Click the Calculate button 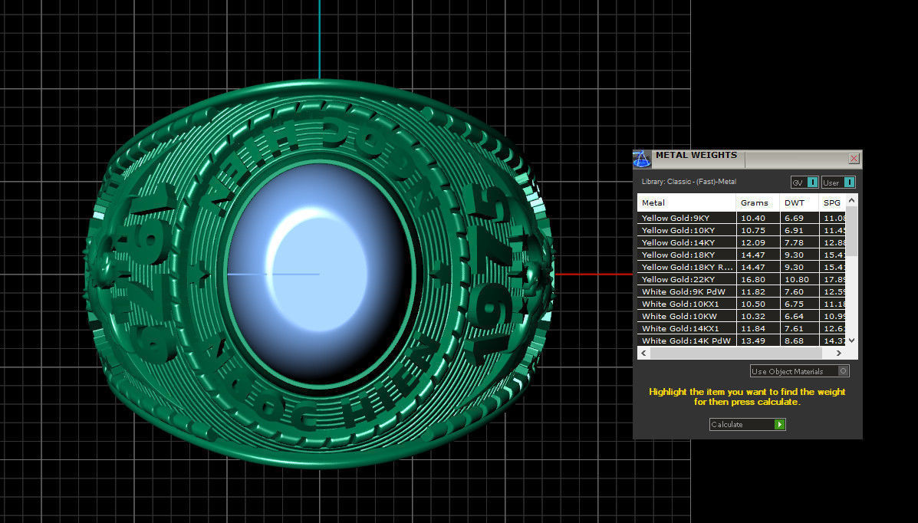pos(747,424)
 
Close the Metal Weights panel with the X pos(854,158)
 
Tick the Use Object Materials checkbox pos(843,371)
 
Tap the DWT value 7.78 pos(794,242)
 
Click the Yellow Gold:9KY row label pos(675,218)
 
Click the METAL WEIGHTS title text pos(696,156)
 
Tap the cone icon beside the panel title pos(641,159)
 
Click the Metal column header pos(653,202)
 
